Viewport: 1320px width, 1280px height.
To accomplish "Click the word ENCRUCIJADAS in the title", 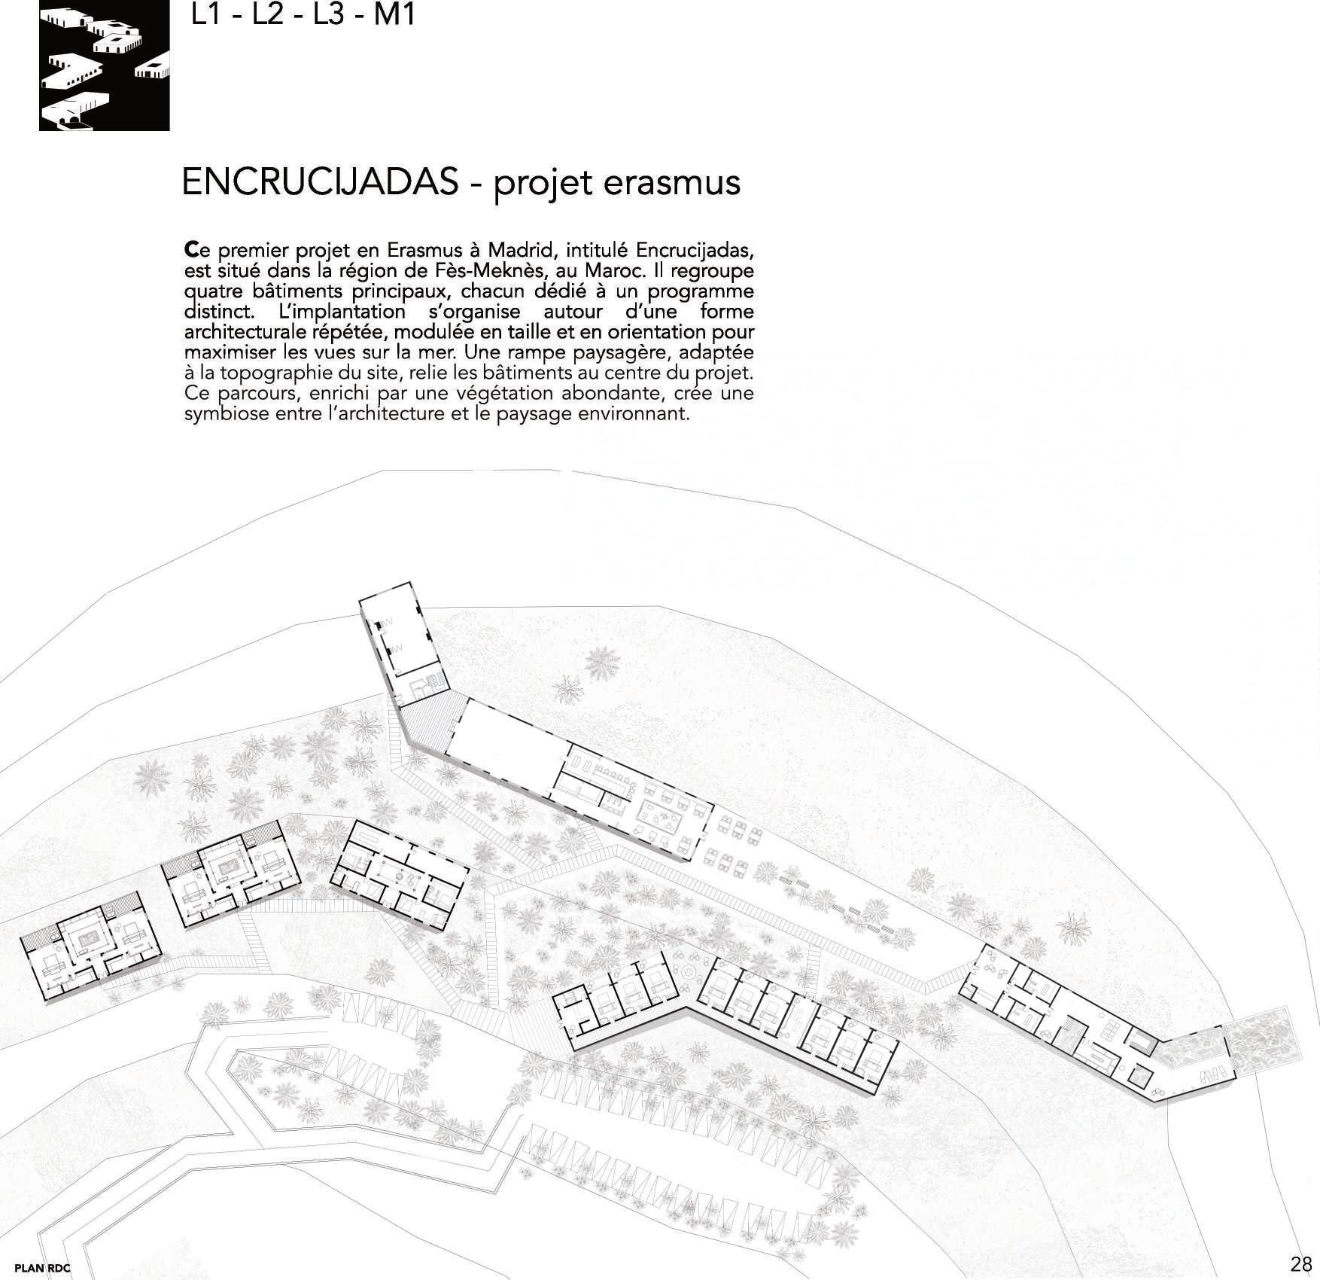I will coord(320,182).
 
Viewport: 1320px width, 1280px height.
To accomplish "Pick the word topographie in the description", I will coord(266,373).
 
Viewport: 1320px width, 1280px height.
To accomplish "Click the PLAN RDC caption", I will coord(42,1267).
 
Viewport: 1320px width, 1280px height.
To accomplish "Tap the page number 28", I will coord(1300,1263).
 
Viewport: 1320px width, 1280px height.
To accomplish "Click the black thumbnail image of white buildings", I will coord(105,66).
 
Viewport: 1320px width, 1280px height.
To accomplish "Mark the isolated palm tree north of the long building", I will coord(566,689).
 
